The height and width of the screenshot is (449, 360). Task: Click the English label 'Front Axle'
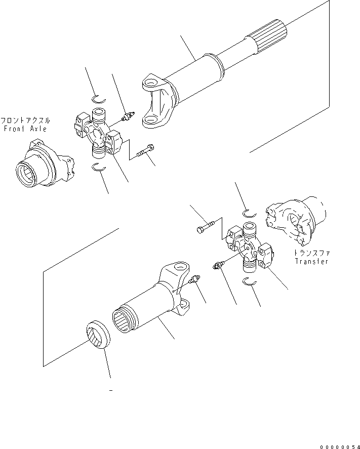pyautogui.click(x=25, y=129)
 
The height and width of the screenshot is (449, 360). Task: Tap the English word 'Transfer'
pyautogui.click(x=311, y=262)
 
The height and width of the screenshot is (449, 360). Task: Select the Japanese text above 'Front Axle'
pyautogui.click(x=25, y=121)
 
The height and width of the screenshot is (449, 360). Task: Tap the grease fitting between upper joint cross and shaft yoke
pyautogui.click(x=127, y=117)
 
